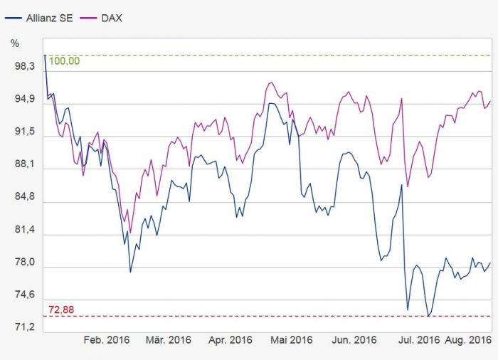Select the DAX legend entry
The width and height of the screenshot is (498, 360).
[x=109, y=17]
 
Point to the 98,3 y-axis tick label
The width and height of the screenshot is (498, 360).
[x=25, y=67]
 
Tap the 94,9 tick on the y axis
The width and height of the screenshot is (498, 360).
[x=25, y=100]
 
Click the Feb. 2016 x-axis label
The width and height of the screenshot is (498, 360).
[x=107, y=340]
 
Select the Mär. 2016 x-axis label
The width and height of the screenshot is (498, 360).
[x=169, y=340]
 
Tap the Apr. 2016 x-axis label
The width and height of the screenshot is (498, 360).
[x=231, y=340]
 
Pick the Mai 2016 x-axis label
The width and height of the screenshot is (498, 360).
[x=292, y=340]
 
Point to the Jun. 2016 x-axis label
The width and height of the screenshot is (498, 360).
[x=354, y=340]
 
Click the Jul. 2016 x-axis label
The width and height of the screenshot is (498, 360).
[x=418, y=340]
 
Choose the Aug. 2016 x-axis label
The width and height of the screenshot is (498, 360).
[x=470, y=340]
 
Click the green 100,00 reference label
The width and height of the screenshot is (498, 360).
[x=64, y=61]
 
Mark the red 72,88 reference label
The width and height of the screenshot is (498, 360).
[x=60, y=309]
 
